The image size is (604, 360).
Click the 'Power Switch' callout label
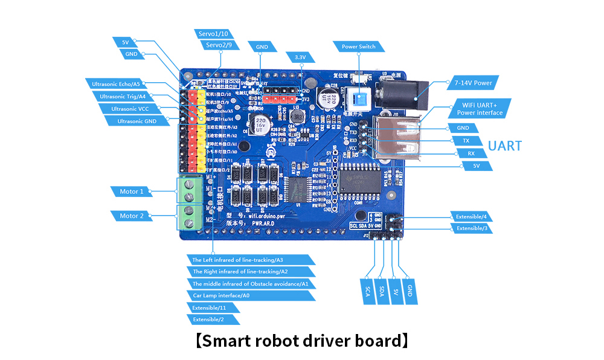(x=359, y=47)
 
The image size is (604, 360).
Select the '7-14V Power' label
(x=474, y=83)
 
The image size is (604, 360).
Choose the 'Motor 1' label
(x=132, y=191)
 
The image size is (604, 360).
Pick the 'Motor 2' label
(x=132, y=216)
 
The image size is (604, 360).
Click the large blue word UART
(x=504, y=146)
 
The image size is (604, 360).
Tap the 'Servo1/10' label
(x=212, y=34)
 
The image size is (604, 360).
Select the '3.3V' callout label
(x=300, y=57)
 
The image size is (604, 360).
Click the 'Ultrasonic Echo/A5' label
(x=120, y=83)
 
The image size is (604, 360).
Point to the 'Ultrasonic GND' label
(x=137, y=121)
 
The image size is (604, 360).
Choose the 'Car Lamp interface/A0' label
(x=251, y=295)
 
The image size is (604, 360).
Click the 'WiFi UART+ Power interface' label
(x=478, y=108)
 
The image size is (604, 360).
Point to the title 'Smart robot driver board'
(x=302, y=341)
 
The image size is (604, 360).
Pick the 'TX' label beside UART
(x=466, y=140)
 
